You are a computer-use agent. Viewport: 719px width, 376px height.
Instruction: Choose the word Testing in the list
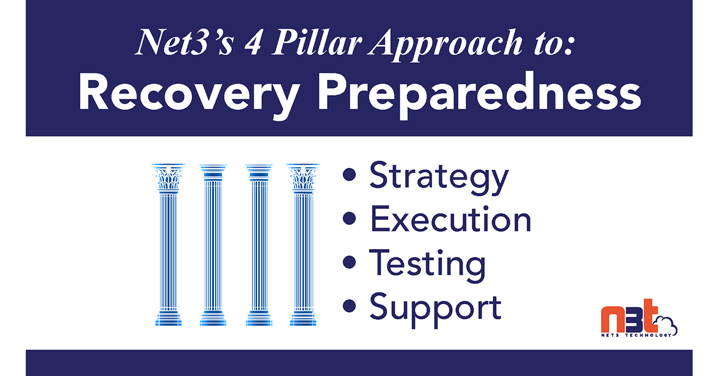point(427,264)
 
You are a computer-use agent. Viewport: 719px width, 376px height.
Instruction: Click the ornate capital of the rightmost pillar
point(303,177)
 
